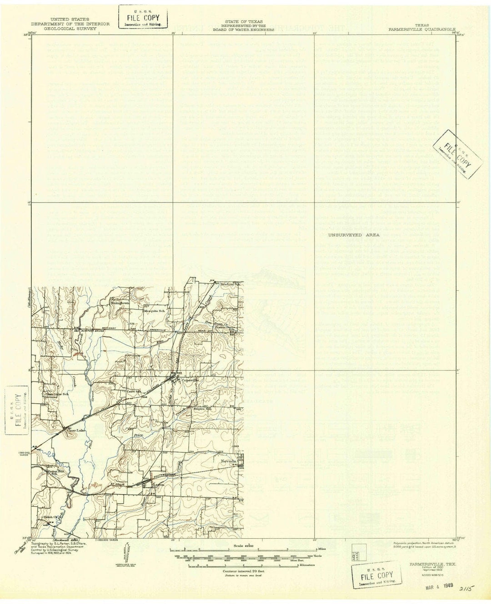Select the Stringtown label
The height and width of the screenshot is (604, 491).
(121, 302)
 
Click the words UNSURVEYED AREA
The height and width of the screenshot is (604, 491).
(349, 236)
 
